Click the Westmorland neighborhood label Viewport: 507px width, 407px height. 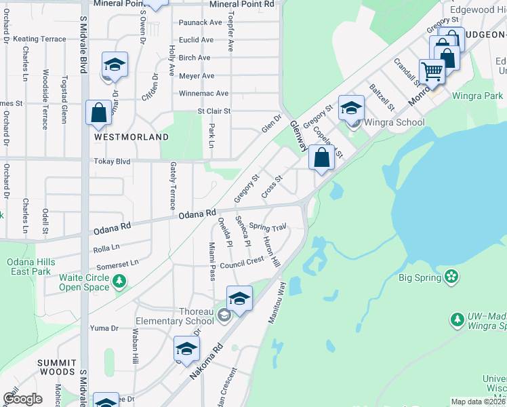click(131, 137)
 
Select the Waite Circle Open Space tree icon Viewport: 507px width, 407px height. click(119, 280)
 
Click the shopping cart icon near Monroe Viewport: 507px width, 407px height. click(431, 70)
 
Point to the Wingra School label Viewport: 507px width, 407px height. click(394, 123)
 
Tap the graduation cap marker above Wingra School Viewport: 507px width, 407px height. click(351, 108)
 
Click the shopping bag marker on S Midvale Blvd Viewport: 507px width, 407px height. click(98, 113)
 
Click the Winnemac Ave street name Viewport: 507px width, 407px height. click(203, 94)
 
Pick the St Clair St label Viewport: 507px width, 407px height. click(214, 111)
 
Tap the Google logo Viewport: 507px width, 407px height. click(22, 398)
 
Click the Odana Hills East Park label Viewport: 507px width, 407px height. click(28, 267)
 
